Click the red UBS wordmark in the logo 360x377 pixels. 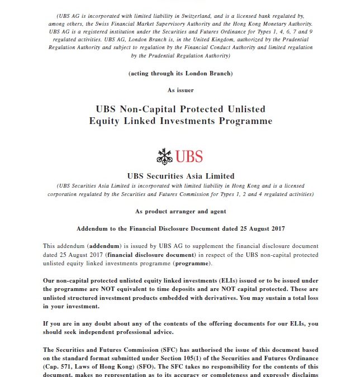pos(189,156)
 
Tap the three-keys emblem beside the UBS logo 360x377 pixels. pos(164,156)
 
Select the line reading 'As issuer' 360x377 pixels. pos(180,89)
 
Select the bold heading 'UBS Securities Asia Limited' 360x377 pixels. pos(180,176)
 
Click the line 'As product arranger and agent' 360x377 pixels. pos(180,211)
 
